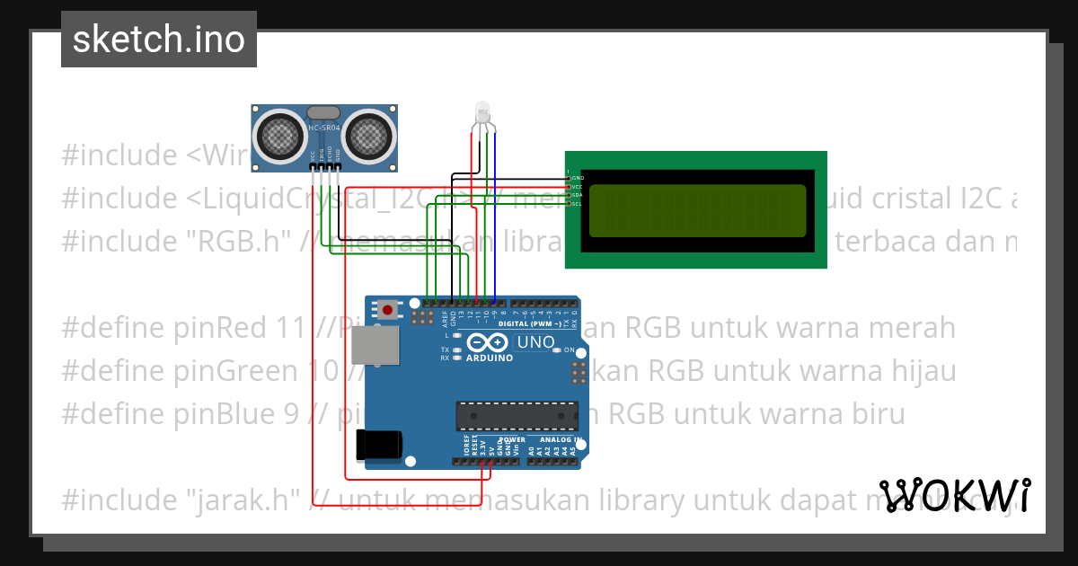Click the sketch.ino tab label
tap(158, 40)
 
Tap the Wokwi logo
tap(954, 495)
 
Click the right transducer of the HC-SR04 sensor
tap(369, 136)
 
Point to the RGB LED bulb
tap(482, 113)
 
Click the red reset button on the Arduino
tap(387, 310)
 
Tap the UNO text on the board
tap(535, 342)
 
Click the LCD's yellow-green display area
tap(697, 210)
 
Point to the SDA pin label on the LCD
tap(577, 195)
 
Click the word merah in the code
tap(912, 328)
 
